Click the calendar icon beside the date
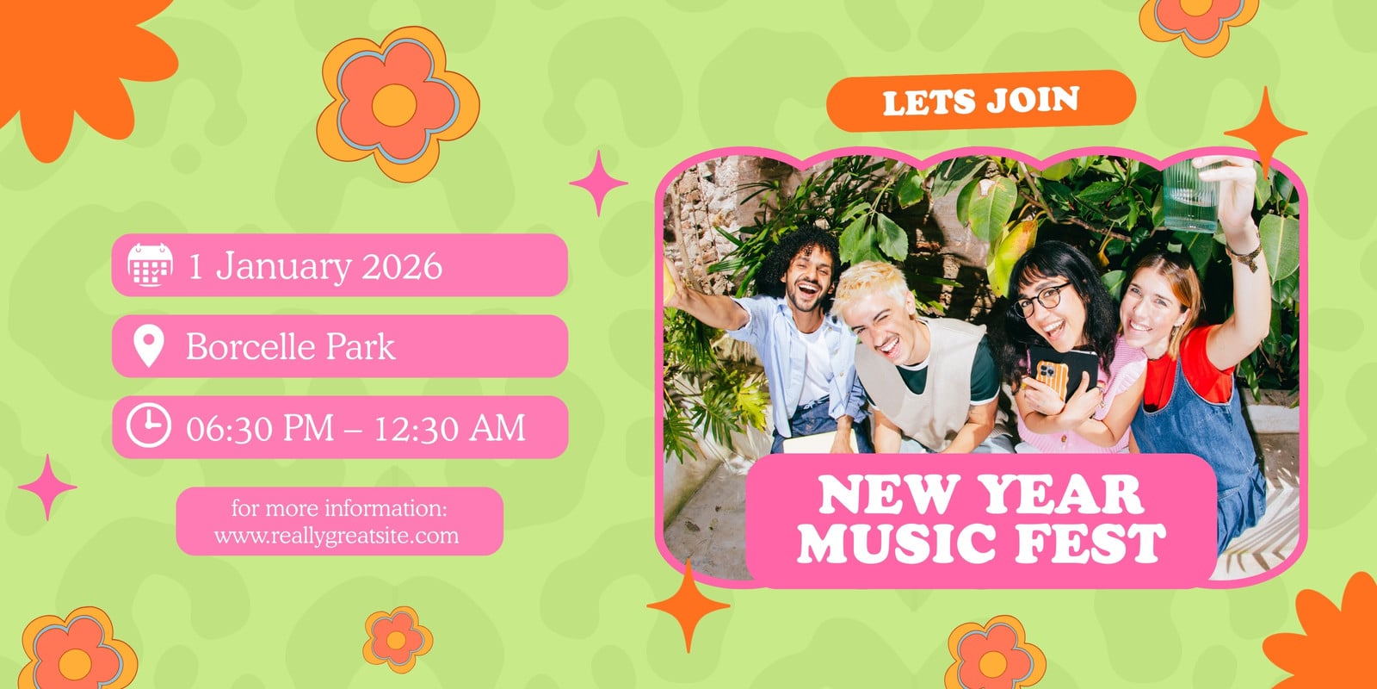(150, 265)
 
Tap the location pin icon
(149, 346)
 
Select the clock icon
(149, 425)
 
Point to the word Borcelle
(250, 346)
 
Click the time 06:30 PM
(260, 428)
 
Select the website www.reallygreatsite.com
(337, 536)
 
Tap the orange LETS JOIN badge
(981, 101)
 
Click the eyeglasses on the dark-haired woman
(1041, 299)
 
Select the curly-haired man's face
(810, 279)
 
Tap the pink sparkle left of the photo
(598, 183)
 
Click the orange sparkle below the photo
(688, 605)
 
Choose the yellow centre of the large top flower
(394, 106)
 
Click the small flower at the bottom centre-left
(397, 640)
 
